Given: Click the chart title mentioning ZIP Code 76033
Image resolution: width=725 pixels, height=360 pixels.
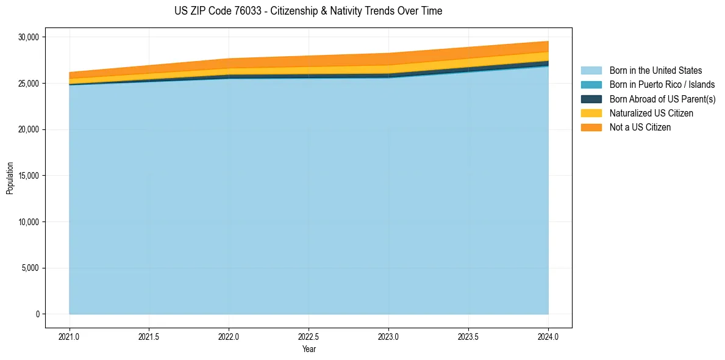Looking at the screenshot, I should click(308, 11).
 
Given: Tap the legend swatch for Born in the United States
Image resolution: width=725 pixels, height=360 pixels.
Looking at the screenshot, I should click(591, 71).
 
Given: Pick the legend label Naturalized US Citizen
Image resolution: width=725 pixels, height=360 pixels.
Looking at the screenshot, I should click(651, 113).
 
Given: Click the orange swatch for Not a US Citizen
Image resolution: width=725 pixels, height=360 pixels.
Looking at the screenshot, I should click(591, 128).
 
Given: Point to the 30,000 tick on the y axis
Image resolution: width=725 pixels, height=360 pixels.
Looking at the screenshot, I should click(29, 37).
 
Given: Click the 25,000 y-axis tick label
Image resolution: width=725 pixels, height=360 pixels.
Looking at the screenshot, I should click(29, 84).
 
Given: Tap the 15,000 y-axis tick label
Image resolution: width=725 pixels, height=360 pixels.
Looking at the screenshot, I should click(29, 176).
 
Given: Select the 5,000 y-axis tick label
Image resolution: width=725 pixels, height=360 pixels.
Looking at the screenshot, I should click(30, 268).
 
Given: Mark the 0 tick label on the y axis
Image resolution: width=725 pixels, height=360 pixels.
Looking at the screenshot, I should click(37, 314).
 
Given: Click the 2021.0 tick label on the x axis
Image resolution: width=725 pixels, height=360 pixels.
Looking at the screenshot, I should click(69, 336).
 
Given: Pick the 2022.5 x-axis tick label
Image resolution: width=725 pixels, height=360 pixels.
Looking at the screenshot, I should click(309, 336).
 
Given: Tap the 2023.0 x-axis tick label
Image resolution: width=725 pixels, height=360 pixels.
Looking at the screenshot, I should click(388, 336).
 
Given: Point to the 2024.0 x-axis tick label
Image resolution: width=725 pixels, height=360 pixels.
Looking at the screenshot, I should click(548, 336).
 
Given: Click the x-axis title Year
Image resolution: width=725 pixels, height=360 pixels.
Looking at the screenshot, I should click(309, 349).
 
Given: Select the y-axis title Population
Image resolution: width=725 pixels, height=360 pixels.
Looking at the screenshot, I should click(10, 178).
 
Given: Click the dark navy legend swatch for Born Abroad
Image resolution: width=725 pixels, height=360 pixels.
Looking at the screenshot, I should click(591, 99).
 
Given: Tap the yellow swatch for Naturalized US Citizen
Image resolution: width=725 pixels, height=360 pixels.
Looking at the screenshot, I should click(591, 113).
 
